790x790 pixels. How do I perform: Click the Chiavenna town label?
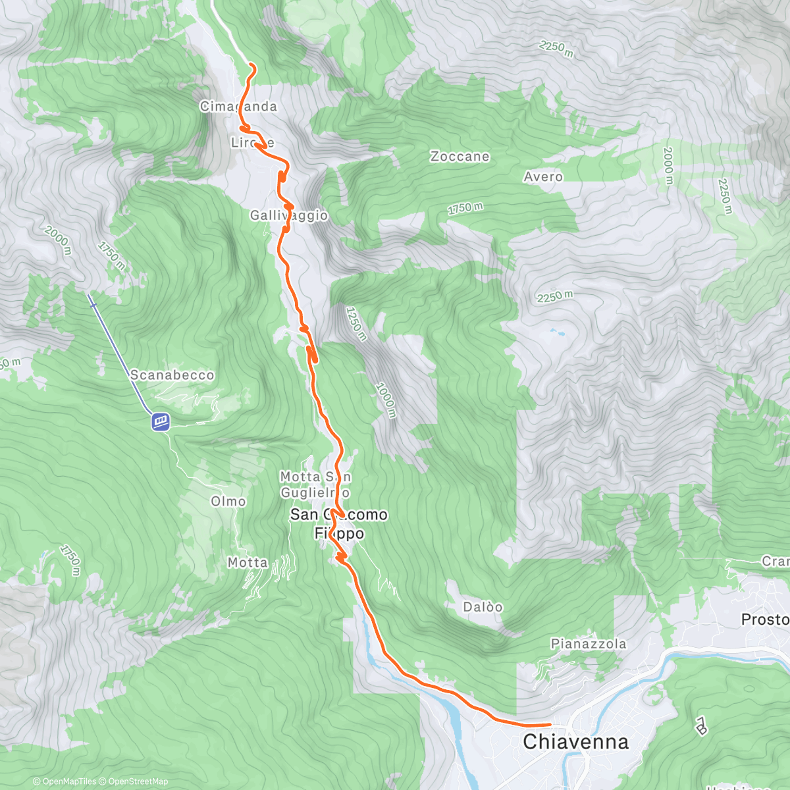575,742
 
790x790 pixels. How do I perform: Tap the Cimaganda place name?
238,107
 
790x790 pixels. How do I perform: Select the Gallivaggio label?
289,215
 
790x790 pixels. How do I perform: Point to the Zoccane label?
460,157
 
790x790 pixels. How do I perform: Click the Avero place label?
543,177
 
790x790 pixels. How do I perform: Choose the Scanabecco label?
172,375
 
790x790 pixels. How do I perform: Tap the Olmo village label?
228,502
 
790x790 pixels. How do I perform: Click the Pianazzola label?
589,644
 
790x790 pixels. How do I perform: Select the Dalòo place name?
483,607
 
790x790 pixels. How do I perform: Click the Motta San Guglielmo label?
315,485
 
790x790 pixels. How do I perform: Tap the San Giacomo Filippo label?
339,524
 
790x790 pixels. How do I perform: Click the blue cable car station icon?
160,421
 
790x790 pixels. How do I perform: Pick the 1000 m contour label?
386,400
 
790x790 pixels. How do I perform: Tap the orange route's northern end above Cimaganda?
251,65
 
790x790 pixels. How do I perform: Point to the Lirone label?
252,143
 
